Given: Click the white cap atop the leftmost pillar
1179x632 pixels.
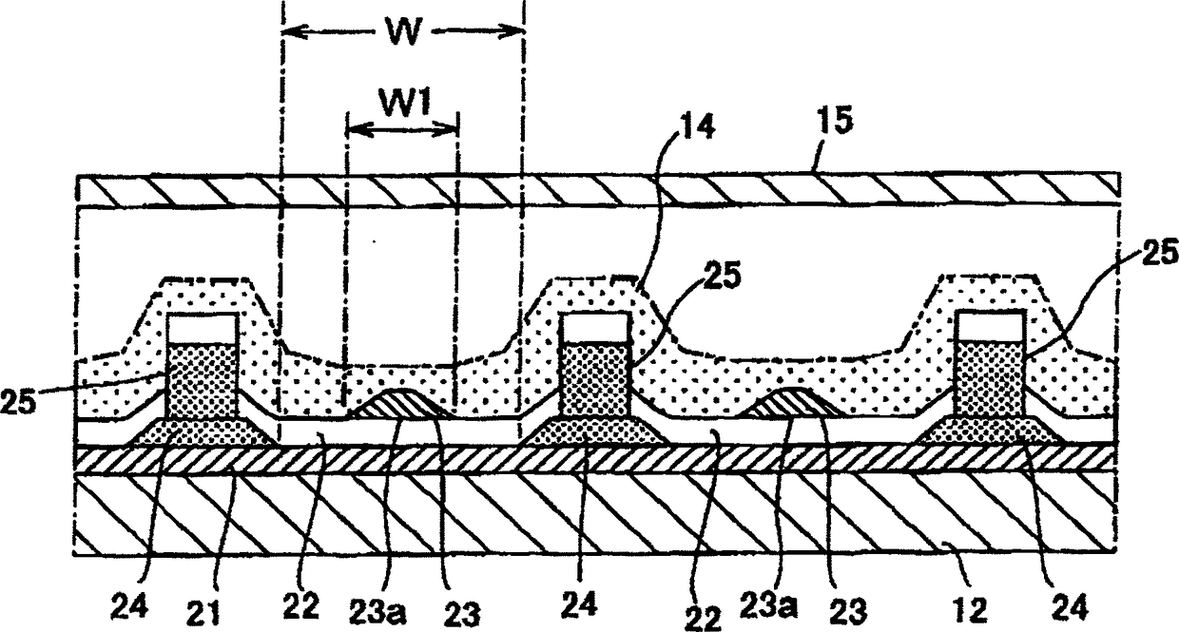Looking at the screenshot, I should click(x=203, y=329).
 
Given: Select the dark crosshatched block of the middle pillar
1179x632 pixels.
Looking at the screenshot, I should click(x=593, y=378).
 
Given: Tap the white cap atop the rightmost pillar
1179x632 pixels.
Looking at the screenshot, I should click(x=990, y=326).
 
